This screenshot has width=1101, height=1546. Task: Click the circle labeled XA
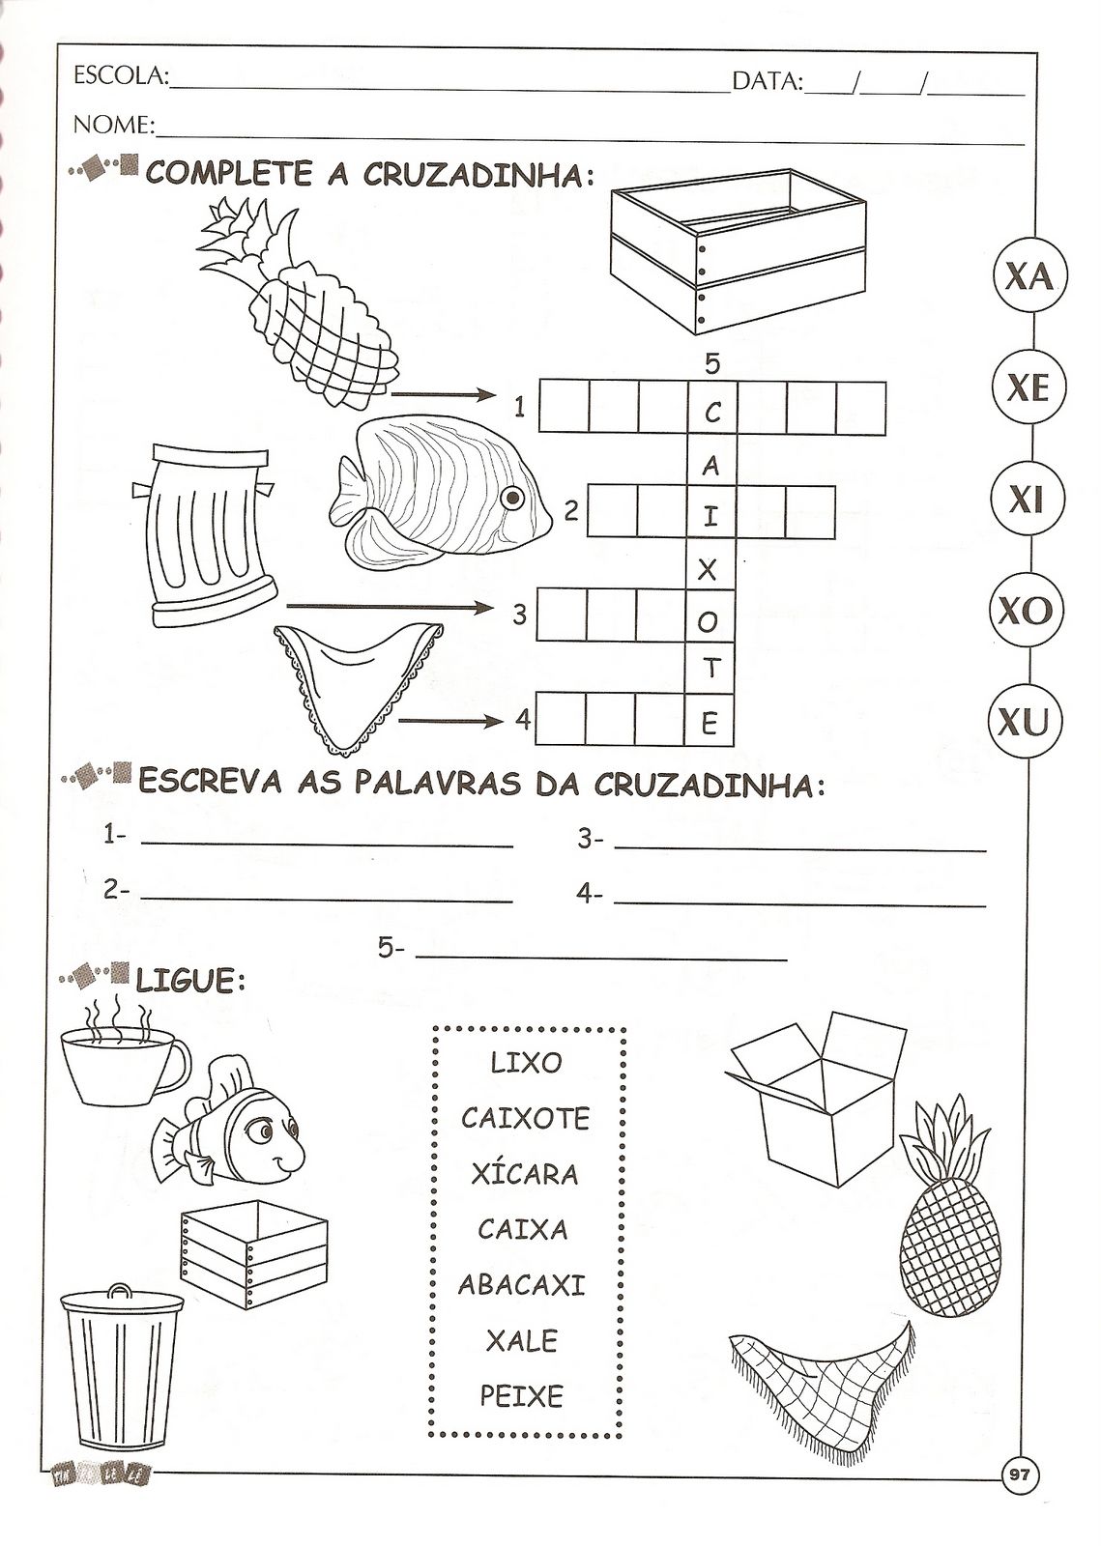pos(1028,277)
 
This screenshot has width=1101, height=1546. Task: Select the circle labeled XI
pos(1025,500)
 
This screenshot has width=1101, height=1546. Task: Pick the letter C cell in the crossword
pos(711,414)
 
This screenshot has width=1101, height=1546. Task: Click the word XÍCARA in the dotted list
pos(525,1174)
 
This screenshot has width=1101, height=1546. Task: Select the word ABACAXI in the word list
pos(522,1285)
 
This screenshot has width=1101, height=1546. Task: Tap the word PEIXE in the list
pos(521,1396)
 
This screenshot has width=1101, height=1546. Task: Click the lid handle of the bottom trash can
pos(119,1291)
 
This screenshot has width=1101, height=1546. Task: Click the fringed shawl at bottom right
pos(821,1388)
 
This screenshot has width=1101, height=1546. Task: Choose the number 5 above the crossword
pos(712,363)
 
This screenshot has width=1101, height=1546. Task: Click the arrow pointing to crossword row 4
pos(450,721)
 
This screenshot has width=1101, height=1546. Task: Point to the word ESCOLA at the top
pos(118,78)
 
